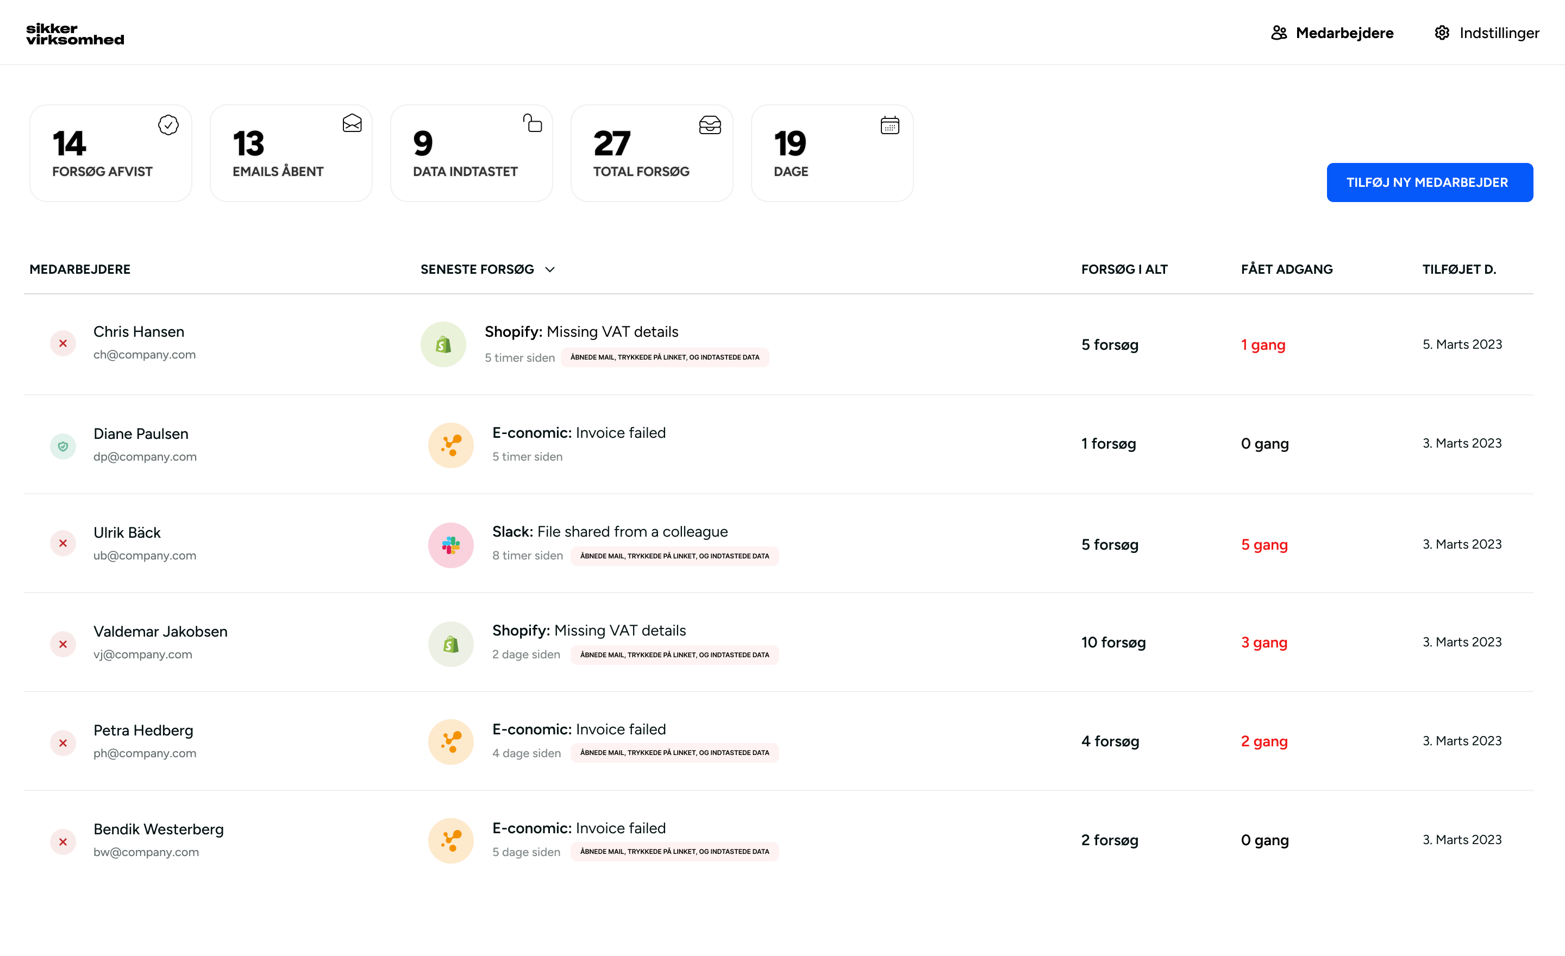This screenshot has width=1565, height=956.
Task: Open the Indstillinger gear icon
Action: point(1442,33)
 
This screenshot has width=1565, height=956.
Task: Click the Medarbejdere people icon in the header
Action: point(1279,33)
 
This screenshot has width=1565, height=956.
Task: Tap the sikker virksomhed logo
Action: point(75,34)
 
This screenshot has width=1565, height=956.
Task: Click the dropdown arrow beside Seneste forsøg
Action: point(550,270)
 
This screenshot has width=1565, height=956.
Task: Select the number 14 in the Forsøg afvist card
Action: point(69,143)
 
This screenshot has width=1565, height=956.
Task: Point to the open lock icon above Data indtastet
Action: point(532,123)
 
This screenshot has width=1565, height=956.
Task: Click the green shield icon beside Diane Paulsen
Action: point(63,446)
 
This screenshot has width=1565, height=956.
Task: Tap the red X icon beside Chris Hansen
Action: point(63,343)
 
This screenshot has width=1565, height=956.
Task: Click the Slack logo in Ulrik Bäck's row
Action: point(450,545)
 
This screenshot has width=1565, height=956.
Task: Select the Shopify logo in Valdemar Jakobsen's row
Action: point(450,644)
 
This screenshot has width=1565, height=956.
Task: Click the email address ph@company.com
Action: point(145,753)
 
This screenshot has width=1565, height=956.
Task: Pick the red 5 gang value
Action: point(1264,545)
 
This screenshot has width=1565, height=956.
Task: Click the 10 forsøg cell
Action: point(1113,643)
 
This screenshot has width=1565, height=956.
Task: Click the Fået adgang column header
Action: point(1286,269)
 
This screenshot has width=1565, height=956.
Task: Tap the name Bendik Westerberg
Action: point(159,829)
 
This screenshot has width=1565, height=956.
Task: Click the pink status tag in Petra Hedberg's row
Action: point(674,753)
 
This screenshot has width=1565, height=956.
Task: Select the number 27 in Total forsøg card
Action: point(612,143)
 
